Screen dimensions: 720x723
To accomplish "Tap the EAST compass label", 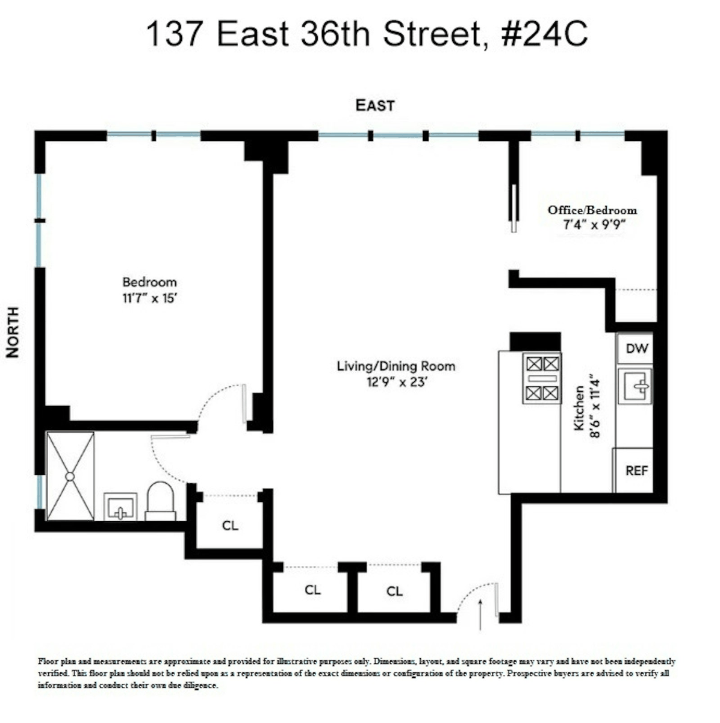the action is click(x=374, y=105).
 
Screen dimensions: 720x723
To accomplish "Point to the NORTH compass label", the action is click(x=13, y=332).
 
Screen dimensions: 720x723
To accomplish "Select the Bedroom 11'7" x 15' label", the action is click(x=150, y=290).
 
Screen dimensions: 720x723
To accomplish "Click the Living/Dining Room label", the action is click(x=396, y=366).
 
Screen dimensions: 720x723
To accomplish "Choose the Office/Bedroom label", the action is click(x=592, y=210).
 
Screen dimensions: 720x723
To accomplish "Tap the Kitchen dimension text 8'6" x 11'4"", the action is click(x=595, y=405).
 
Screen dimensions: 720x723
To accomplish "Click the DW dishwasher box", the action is click(x=636, y=349).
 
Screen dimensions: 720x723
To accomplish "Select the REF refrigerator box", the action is click(x=635, y=470).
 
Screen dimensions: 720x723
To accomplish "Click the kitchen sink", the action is click(x=635, y=386).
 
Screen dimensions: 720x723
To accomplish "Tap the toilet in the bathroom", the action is click(x=160, y=501).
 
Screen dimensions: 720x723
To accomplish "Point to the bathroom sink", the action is click(x=120, y=507).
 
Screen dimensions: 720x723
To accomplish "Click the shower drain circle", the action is click(x=70, y=476).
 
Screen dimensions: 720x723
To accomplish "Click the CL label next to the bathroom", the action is click(x=230, y=525).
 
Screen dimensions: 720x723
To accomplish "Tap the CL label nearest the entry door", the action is click(x=394, y=591).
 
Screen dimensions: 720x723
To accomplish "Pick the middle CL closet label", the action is click(x=312, y=590).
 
